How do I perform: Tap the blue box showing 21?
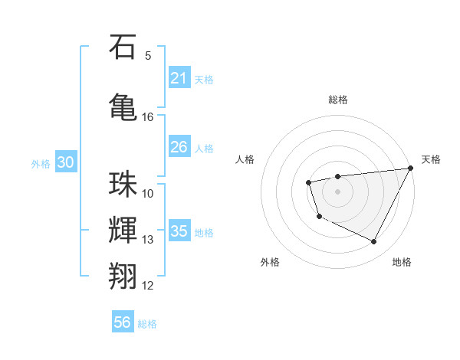click(x=179, y=78)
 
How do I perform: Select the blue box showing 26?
click(x=179, y=147)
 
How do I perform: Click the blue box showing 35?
click(x=179, y=231)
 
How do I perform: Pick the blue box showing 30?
click(x=65, y=162)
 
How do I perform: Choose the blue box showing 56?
click(x=123, y=323)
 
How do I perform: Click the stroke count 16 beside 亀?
click(x=148, y=117)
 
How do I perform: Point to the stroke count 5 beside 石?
click(x=148, y=56)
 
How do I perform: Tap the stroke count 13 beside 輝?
click(x=148, y=240)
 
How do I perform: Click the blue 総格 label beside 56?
click(x=148, y=324)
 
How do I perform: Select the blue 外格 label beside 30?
click(x=41, y=163)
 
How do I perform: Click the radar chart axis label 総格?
click(x=337, y=100)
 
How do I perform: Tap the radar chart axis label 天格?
click(x=431, y=159)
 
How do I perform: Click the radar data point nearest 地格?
click(x=374, y=242)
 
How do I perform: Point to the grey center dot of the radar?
click(x=337, y=191)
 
